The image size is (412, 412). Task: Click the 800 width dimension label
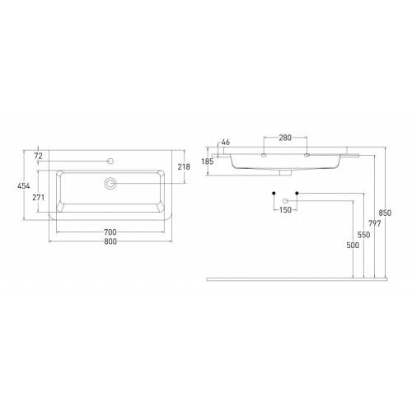point(110,241)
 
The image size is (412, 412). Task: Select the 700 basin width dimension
point(110,232)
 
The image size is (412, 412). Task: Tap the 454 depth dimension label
point(24,186)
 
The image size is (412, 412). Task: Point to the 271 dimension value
point(38,198)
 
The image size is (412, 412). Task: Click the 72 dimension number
point(39,156)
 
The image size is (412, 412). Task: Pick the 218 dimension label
point(184,166)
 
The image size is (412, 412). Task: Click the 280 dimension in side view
point(285,138)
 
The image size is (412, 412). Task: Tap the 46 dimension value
point(226,143)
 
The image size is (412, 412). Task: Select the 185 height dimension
point(207,162)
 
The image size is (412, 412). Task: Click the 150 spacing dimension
point(285,210)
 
